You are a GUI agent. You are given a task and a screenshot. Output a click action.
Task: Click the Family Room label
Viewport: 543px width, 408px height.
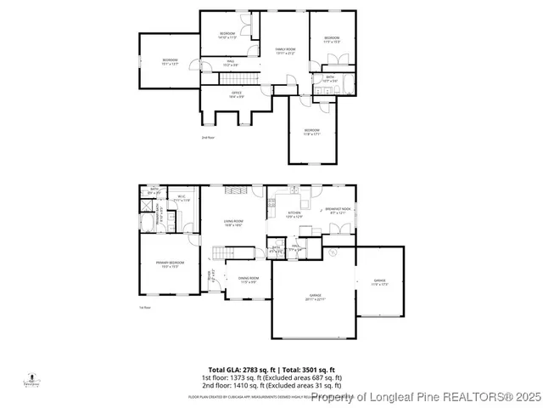click(284, 51)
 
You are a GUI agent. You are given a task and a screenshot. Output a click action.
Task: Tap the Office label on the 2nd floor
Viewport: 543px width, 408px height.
click(237, 94)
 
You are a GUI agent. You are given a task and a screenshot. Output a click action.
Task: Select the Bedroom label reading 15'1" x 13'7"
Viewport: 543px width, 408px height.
click(170, 60)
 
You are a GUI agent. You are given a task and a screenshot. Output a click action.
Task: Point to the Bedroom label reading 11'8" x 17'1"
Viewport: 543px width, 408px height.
click(311, 131)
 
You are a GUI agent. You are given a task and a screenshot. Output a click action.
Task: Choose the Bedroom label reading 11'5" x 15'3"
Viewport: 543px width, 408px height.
click(331, 39)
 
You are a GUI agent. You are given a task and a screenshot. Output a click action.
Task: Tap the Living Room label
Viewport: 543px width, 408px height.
click(234, 224)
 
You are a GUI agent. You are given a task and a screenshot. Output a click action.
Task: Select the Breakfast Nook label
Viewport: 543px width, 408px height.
click(338, 211)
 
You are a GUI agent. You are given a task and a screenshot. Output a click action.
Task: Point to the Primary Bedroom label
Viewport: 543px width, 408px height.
click(170, 264)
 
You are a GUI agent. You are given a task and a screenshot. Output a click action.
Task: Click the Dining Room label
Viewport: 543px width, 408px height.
click(249, 280)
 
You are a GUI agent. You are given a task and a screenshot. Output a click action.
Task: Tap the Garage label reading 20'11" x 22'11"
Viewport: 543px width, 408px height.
click(314, 297)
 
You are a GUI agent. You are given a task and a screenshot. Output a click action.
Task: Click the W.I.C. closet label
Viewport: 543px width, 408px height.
click(182, 199)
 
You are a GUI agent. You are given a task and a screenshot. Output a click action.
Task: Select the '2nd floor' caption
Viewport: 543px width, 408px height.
click(207, 137)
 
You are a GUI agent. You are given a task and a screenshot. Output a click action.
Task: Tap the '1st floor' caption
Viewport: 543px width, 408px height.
click(145, 308)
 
